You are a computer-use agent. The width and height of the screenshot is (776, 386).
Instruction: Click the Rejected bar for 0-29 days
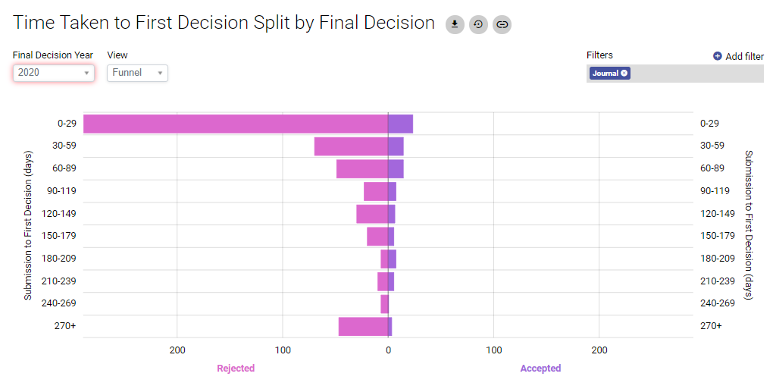point(235,124)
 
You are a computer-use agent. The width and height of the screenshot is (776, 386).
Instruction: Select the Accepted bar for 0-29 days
point(400,124)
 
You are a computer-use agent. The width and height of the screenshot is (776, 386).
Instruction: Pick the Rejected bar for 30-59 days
point(351,146)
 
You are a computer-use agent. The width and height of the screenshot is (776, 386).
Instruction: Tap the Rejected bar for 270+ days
point(363,326)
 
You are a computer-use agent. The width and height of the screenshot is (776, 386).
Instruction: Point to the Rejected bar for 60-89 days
point(362,168)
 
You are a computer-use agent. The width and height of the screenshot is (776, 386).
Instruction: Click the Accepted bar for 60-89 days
point(396,168)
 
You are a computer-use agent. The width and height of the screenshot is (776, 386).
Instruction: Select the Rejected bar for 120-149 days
point(372,214)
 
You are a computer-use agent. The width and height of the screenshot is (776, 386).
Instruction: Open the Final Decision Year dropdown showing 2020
point(53,73)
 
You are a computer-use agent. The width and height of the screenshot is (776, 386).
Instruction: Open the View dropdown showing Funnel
point(137,73)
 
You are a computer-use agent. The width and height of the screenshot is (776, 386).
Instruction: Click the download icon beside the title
point(455,24)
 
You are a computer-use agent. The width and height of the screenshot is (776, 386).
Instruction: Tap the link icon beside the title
point(502,24)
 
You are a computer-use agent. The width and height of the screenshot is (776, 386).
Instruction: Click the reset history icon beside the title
point(478,24)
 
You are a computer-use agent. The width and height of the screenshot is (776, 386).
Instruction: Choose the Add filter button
point(738,56)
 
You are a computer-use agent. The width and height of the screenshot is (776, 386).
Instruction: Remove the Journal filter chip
point(624,74)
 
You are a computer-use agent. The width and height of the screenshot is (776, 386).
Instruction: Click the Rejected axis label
point(236,369)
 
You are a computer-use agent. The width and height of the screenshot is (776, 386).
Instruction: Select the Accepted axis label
point(540,369)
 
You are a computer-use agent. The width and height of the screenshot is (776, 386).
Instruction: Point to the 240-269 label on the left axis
point(61,303)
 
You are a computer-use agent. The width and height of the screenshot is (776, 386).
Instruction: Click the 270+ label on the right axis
point(711,326)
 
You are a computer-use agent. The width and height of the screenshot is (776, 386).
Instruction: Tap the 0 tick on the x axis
point(388,350)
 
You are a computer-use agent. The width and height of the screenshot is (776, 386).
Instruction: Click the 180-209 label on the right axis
point(717,259)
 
